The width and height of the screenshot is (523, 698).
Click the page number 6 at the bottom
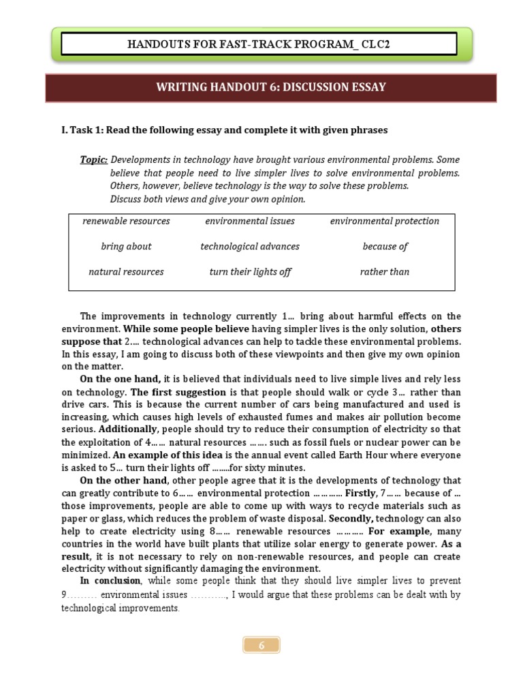tap(261, 645)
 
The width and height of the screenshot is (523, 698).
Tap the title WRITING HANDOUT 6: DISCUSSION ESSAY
tap(271, 87)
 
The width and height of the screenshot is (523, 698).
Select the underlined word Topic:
tap(94, 160)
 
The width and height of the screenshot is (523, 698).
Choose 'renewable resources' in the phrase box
tap(126, 221)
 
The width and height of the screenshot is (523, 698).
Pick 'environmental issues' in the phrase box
tap(249, 221)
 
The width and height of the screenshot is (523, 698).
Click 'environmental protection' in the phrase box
tap(385, 221)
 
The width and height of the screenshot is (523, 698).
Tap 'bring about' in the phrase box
tap(126, 246)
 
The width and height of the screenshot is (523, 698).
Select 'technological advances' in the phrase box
tap(249, 246)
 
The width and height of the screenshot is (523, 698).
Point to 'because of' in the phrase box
tap(385, 246)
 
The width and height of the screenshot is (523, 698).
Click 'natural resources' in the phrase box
tap(126, 271)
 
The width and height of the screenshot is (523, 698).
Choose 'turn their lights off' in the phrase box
tap(249, 271)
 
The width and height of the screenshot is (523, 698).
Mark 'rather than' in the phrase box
tap(385, 271)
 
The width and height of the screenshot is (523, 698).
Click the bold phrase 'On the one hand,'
tap(121, 379)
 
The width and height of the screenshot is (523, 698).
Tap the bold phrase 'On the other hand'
tap(123, 481)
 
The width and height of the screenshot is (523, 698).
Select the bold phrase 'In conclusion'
tap(110, 581)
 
